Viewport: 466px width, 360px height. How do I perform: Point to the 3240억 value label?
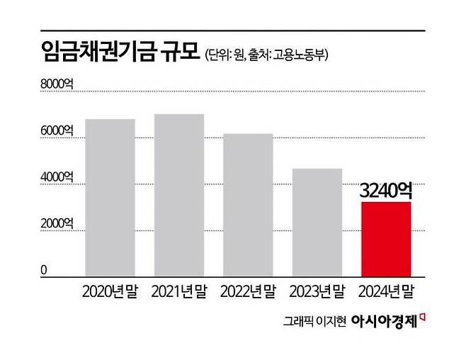point(386,190)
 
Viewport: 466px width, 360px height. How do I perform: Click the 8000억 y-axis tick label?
point(58,84)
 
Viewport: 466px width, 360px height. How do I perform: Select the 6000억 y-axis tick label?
point(58,130)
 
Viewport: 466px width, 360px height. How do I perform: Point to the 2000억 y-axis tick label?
point(58,223)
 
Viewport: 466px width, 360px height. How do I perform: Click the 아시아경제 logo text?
point(385,320)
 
